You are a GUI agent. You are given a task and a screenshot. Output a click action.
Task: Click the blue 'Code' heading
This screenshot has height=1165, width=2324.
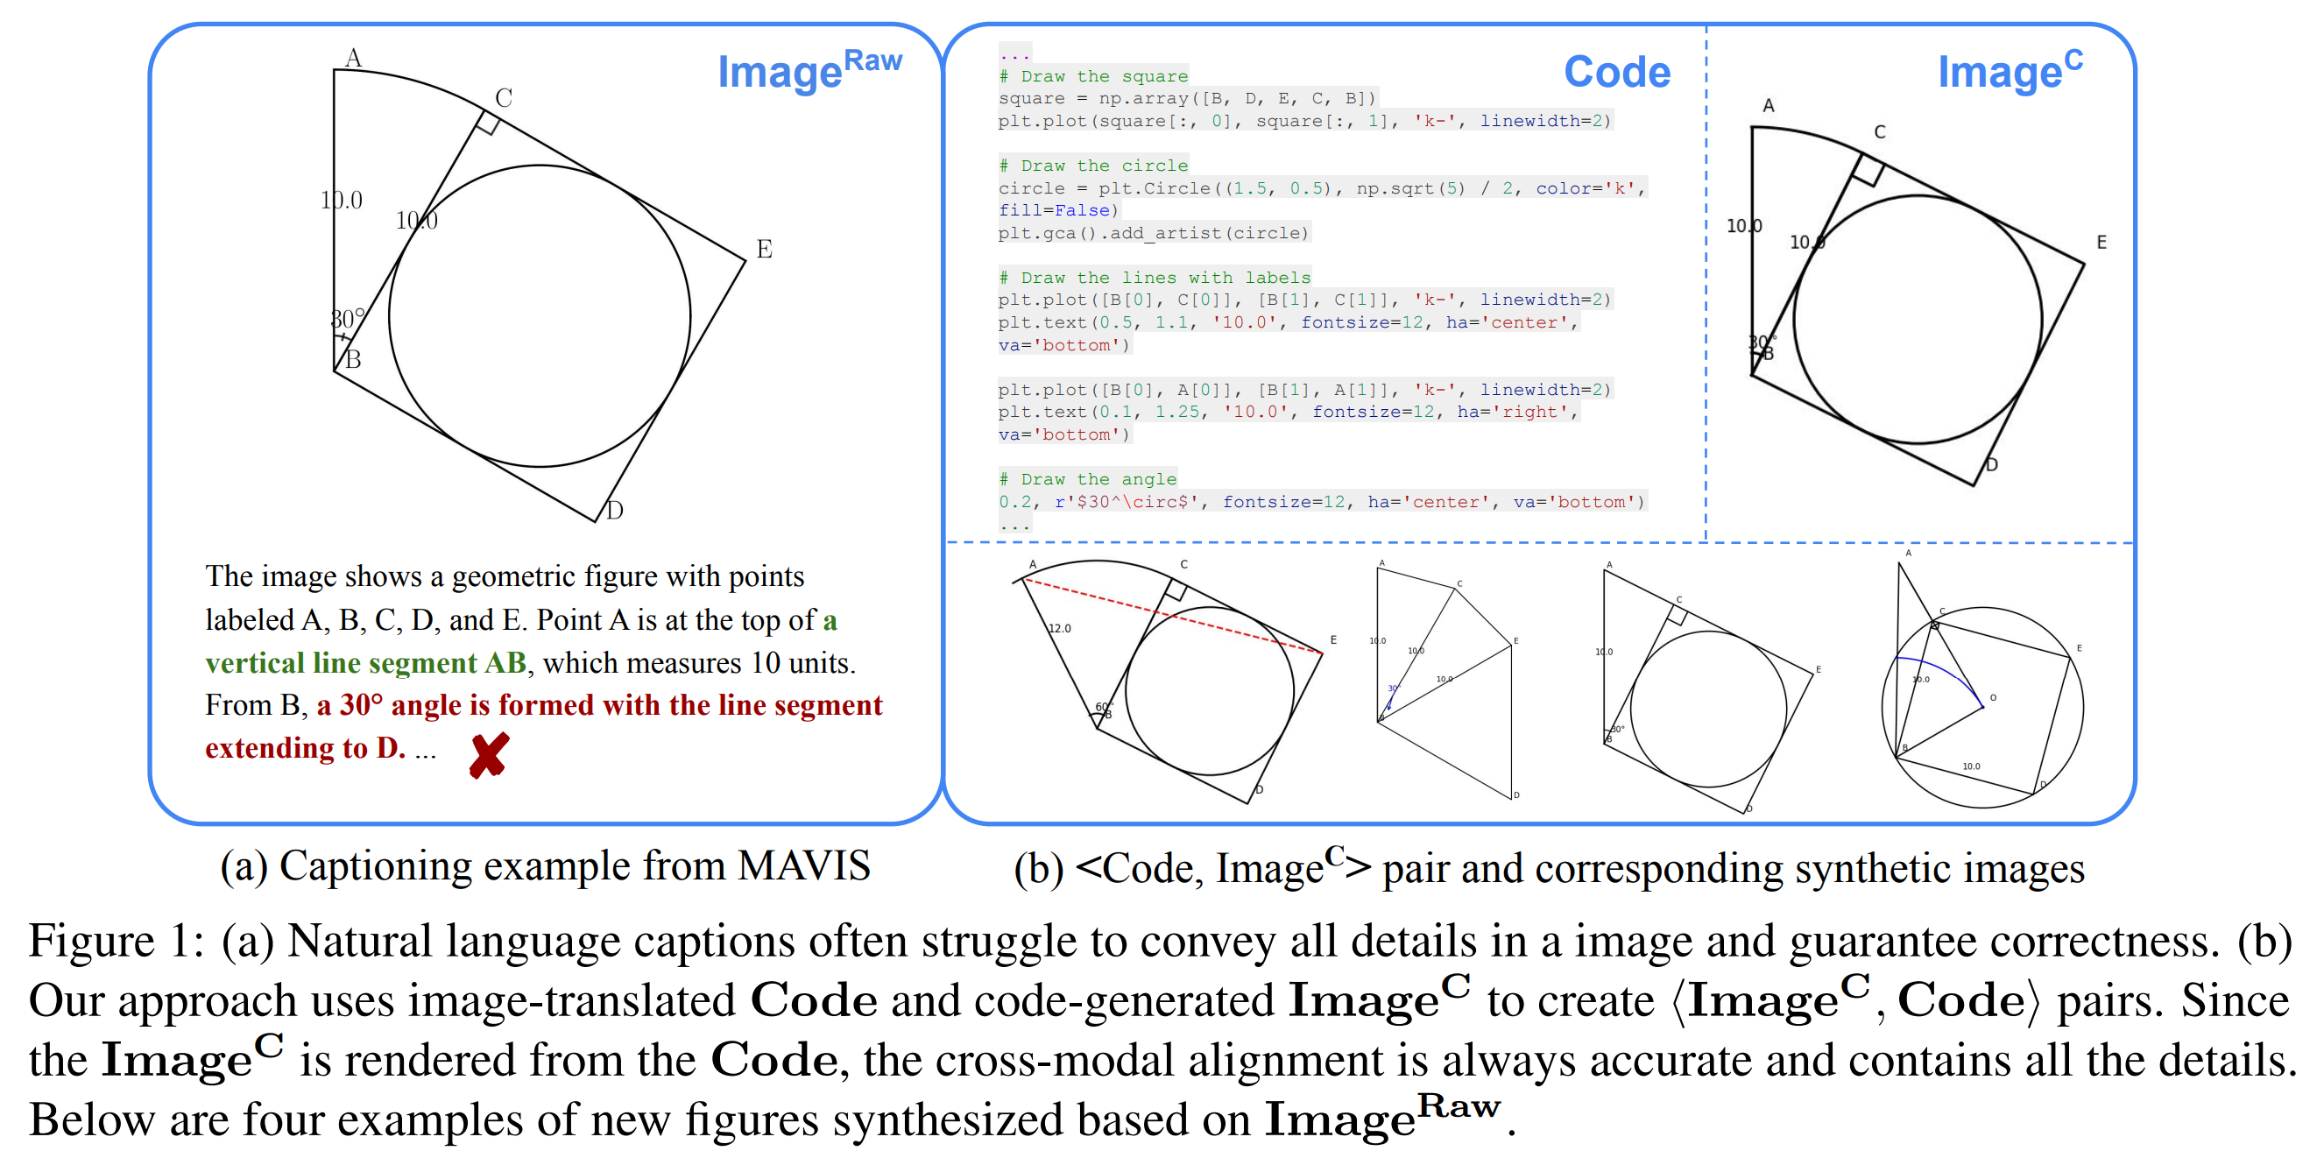click(x=1616, y=71)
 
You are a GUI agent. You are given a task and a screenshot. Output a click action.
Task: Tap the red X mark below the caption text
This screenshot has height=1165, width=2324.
click(x=489, y=754)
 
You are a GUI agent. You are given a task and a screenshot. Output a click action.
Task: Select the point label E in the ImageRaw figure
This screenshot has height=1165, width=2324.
click(x=764, y=249)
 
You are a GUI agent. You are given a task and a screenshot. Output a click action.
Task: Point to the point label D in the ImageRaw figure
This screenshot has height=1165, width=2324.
click(x=614, y=511)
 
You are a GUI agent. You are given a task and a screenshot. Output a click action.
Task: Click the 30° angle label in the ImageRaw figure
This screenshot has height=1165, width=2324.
click(x=346, y=319)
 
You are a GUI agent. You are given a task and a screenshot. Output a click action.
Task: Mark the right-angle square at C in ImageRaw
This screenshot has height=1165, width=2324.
click(x=488, y=124)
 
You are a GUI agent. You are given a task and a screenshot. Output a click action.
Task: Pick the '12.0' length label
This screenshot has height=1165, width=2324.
click(x=1059, y=628)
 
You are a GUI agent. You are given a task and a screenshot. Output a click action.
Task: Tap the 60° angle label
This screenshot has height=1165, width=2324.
click(x=1104, y=706)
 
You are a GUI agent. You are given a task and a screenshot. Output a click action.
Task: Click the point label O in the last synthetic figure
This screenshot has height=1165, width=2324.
click(x=1993, y=697)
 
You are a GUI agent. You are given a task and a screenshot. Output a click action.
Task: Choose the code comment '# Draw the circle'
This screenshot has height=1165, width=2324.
click(x=1093, y=166)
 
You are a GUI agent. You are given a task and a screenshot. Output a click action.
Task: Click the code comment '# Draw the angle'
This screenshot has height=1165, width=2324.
click(x=1087, y=479)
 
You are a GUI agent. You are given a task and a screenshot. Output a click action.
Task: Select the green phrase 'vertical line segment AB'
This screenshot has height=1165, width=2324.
click(x=365, y=663)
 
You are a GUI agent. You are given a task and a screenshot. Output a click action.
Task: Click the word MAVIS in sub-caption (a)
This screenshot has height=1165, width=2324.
click(x=803, y=865)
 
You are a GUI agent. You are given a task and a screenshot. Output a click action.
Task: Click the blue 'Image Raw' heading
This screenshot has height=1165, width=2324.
click(x=809, y=69)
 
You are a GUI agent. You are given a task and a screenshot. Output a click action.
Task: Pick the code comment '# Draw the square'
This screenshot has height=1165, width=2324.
click(x=1093, y=76)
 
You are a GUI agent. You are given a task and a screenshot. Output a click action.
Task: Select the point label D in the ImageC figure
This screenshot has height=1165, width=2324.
click(x=1991, y=465)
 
